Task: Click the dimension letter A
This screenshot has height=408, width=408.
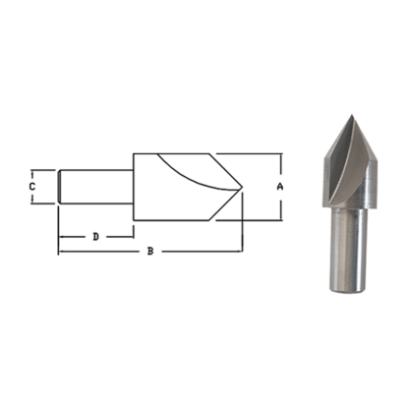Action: point(281,186)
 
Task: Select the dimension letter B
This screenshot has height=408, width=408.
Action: point(150,252)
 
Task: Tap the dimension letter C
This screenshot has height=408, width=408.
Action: point(32,185)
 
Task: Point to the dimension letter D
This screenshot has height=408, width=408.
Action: point(95,236)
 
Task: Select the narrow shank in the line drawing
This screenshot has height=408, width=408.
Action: point(96,186)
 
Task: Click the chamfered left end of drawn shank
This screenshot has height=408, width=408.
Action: point(61,186)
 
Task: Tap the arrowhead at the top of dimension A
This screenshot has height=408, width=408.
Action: point(281,155)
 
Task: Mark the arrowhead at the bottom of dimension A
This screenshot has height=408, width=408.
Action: point(281,216)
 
